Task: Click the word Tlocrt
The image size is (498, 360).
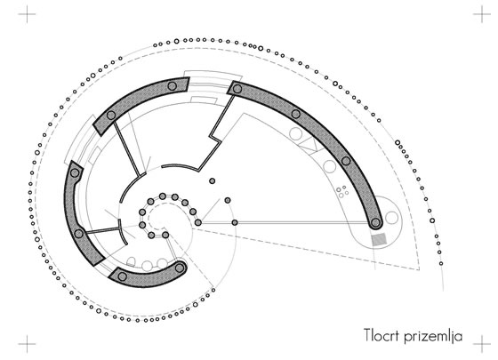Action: (381, 335)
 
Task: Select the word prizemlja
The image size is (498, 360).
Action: (433, 337)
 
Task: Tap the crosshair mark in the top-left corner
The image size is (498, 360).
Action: (27, 14)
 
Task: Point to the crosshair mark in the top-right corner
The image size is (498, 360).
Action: (482, 14)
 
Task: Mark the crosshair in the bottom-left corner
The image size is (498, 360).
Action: (27, 344)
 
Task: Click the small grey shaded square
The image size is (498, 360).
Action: (379, 239)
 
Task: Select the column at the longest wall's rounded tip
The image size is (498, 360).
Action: (375, 222)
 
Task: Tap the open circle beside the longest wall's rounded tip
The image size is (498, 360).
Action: (391, 218)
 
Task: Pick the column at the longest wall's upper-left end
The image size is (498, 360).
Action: (237, 89)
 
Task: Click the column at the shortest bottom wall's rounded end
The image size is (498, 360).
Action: (180, 268)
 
